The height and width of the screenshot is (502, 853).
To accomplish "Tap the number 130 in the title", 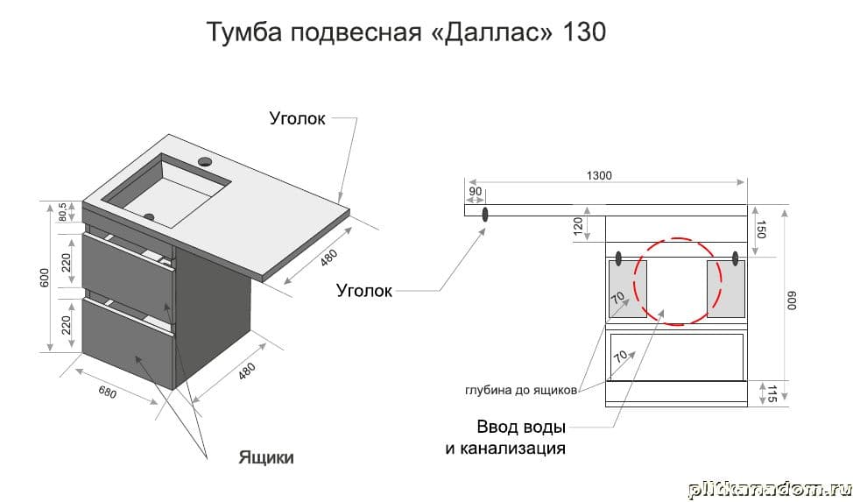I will click(581, 33).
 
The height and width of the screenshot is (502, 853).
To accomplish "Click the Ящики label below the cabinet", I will click(266, 456).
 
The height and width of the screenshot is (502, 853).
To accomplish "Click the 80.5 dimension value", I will click(63, 213).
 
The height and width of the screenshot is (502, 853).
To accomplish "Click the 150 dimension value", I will click(761, 230).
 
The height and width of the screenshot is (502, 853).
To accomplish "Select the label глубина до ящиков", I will click(520, 391).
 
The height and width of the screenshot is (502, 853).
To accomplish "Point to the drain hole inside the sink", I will click(149, 216).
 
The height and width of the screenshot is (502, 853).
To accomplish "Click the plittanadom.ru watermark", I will click(768, 489).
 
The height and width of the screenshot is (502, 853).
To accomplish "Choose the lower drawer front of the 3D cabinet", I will click(127, 337).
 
